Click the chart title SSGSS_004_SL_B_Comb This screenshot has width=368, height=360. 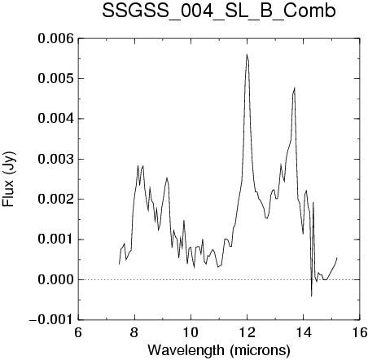pyautogui.click(x=219, y=11)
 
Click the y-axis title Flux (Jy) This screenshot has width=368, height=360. pyautogui.click(x=8, y=179)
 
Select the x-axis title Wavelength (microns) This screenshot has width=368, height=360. pyautogui.click(x=219, y=350)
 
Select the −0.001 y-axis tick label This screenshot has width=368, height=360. pyautogui.click(x=51, y=320)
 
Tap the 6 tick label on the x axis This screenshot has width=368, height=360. pyautogui.click(x=78, y=332)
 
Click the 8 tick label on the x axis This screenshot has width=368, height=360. pyautogui.click(x=134, y=332)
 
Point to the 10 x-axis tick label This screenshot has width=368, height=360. pyautogui.click(x=191, y=332)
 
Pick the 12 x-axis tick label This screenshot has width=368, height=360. pyautogui.click(x=248, y=332)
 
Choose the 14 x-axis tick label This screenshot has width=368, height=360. pyautogui.click(x=304, y=332)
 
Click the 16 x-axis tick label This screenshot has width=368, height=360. pyautogui.click(x=360, y=332)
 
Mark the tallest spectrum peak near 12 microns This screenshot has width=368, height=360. pyautogui.click(x=247, y=55)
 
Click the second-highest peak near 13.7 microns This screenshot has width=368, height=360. pyautogui.click(x=295, y=88)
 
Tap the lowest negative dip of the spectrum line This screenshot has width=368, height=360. pyautogui.click(x=312, y=296)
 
